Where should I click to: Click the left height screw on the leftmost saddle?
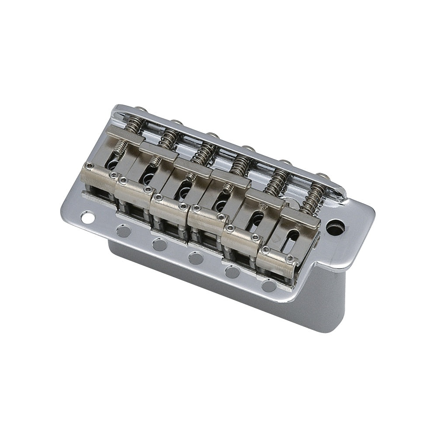coord(89,166)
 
